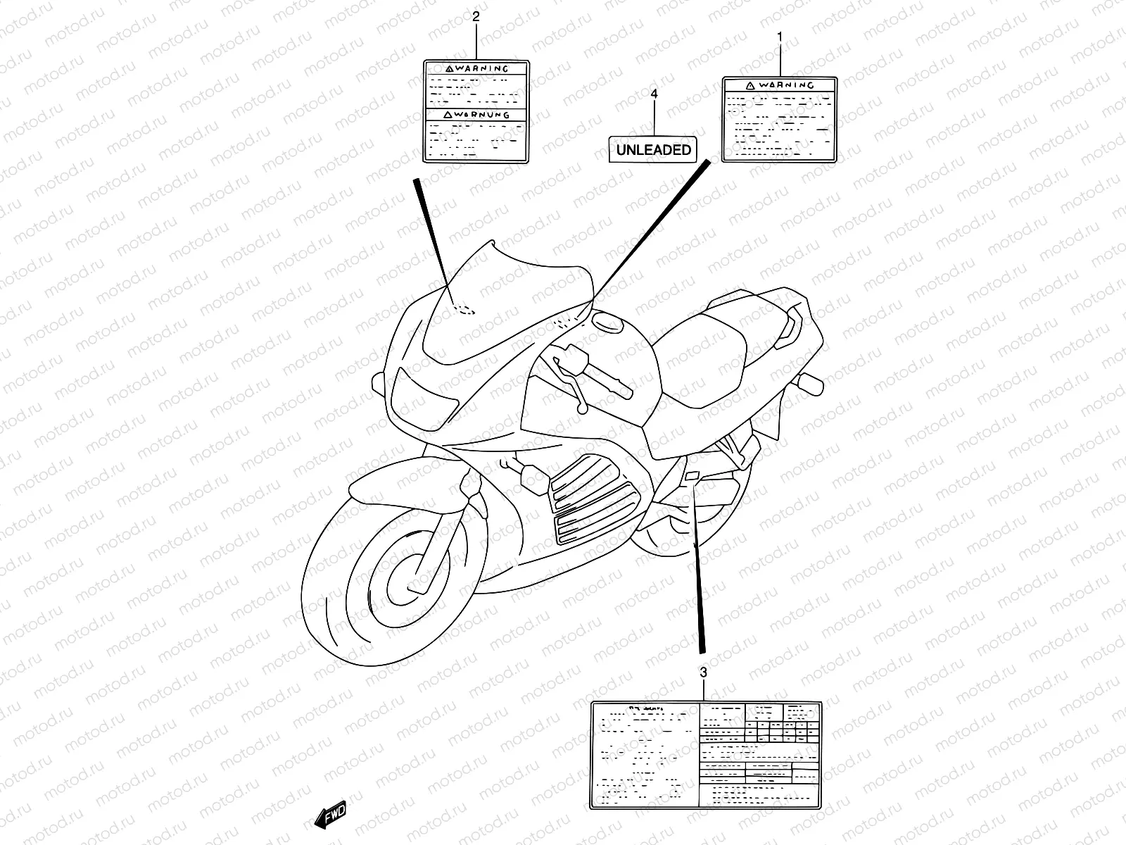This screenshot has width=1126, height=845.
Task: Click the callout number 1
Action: [x=779, y=36]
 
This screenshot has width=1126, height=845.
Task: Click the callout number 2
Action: [x=476, y=17]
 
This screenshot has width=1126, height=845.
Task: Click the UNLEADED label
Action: [x=654, y=149]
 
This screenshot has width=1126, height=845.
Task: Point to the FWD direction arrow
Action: [x=331, y=815]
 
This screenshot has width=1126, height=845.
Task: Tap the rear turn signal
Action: [x=809, y=384]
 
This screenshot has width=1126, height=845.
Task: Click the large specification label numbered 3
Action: [x=706, y=754]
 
